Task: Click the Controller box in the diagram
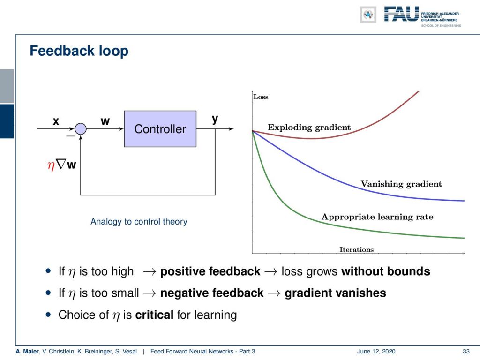pos(160,129)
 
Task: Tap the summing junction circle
pos(81,129)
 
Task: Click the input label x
pos(56,121)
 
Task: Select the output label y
pos(215,119)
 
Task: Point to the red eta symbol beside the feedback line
pos(51,165)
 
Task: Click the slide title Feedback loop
pos(79,51)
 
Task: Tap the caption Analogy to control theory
pos(139,222)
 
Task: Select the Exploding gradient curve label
pos(309,127)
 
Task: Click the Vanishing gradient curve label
pos(401,184)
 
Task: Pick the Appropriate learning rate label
pos(377,217)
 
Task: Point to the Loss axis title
pos(261,97)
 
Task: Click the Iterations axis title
pos(357,249)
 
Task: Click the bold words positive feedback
pos(210,271)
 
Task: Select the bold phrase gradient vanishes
pos(335,293)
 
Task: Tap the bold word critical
pos(154,315)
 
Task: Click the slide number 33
pos(466,352)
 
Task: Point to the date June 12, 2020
pos(376,352)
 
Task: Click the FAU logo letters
pos(401,14)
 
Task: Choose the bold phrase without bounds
pos(386,271)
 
